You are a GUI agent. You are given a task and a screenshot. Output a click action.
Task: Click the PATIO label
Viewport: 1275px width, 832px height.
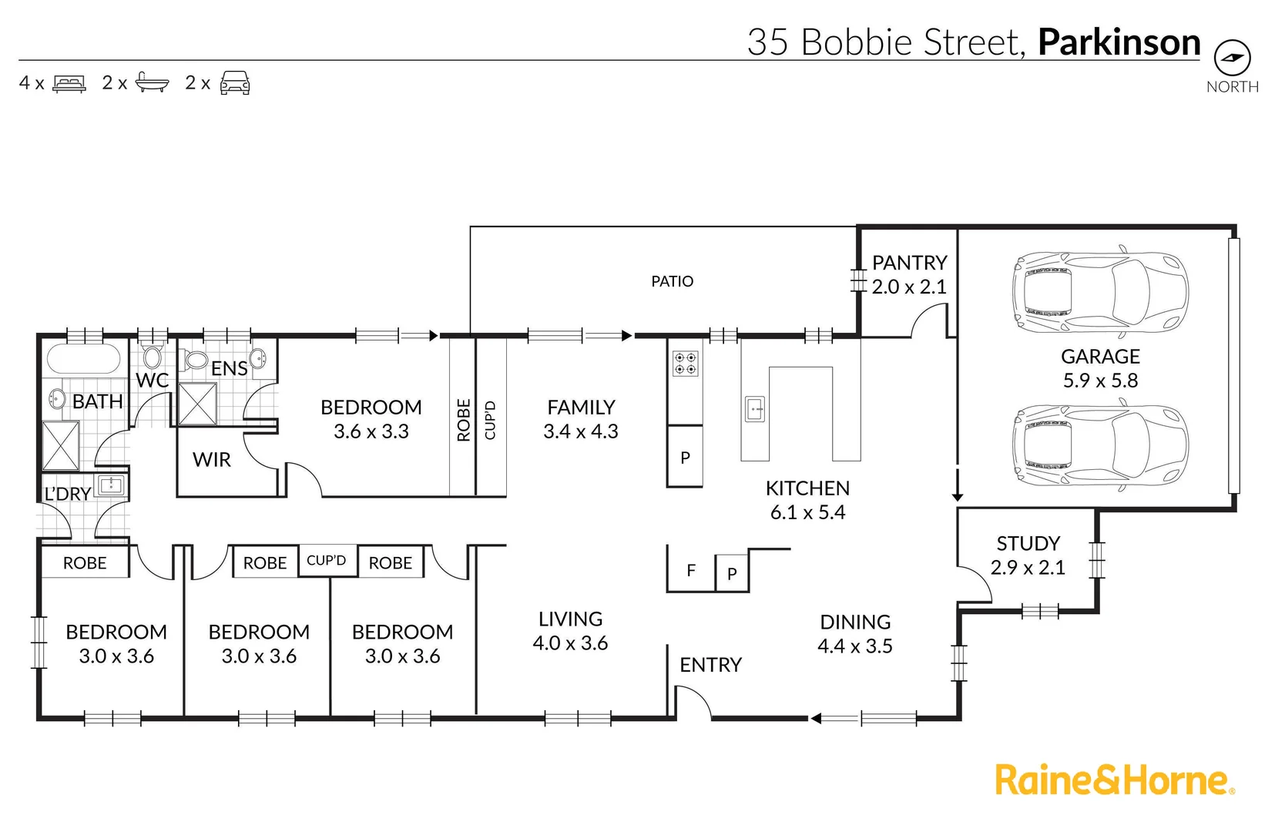[x=672, y=281]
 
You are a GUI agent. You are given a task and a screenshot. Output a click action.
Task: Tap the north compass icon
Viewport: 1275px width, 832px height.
[x=1232, y=58]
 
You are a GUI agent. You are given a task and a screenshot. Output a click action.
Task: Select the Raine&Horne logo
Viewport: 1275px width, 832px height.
[x=1114, y=780]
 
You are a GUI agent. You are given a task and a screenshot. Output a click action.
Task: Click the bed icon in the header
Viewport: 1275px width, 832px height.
[x=69, y=83]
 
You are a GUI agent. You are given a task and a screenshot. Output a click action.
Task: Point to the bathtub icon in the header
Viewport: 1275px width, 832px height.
[x=152, y=82]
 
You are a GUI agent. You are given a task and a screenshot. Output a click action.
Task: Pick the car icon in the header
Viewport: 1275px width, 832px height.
[x=235, y=82]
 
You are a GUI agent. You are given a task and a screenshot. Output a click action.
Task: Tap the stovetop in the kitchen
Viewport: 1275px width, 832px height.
[x=686, y=364]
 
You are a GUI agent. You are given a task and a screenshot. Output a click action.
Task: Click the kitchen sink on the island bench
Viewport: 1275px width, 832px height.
[x=755, y=409]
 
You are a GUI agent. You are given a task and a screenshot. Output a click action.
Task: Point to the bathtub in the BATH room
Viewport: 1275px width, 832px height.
[x=83, y=359]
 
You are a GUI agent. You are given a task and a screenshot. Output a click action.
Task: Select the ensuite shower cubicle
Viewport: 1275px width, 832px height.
[x=197, y=404]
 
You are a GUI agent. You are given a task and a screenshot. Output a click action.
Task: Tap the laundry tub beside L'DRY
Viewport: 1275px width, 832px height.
[x=111, y=485]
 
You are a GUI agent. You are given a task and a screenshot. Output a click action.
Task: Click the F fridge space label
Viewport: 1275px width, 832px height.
[x=691, y=570]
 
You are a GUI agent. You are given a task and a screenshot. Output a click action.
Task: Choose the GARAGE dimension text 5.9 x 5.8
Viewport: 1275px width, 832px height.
[x=1100, y=381]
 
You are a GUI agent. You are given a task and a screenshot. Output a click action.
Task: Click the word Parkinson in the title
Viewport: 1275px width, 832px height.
[x=1119, y=42]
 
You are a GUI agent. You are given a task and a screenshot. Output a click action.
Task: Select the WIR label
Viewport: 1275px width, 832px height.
[x=212, y=460]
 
